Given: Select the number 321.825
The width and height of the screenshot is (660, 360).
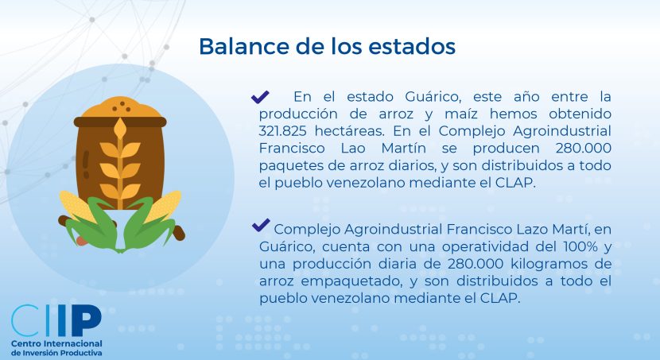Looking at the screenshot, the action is pyautogui.click(x=282, y=131).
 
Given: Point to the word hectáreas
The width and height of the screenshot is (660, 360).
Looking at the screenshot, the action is pyautogui.click(x=349, y=131).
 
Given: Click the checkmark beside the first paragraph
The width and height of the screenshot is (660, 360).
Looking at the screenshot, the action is pyautogui.click(x=260, y=97).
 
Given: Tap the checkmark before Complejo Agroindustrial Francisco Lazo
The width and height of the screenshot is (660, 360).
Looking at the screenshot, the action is pyautogui.click(x=261, y=225).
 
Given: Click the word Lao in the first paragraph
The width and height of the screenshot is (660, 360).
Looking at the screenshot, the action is pyautogui.click(x=353, y=148).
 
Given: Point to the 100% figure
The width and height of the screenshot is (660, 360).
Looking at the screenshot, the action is pyautogui.click(x=580, y=246).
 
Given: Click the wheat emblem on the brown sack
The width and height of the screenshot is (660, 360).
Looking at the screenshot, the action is pyautogui.click(x=120, y=163).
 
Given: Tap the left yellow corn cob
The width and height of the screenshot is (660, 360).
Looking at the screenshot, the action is pyautogui.click(x=76, y=206).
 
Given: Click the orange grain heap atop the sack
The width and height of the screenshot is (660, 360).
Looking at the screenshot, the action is pyautogui.click(x=121, y=107).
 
